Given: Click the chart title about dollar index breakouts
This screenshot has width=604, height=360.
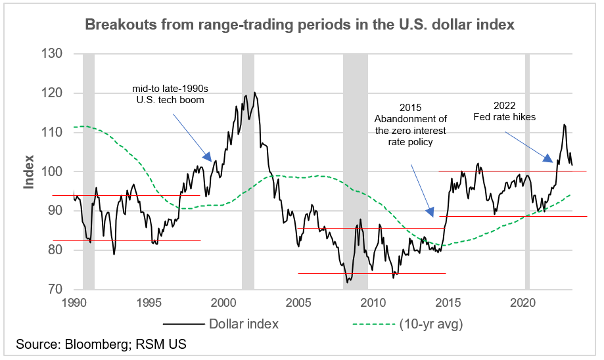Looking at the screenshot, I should (299, 25).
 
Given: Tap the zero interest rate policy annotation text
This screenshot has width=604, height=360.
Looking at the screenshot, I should (411, 124).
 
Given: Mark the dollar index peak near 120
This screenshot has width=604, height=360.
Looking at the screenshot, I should (254, 93).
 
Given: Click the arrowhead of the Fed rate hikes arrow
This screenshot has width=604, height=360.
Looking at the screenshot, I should (551, 158).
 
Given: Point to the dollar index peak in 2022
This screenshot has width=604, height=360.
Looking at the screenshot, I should (564, 124).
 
